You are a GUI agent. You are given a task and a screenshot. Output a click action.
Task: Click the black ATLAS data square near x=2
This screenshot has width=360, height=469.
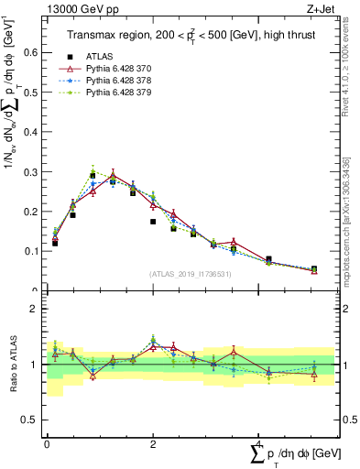tap(153, 222)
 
